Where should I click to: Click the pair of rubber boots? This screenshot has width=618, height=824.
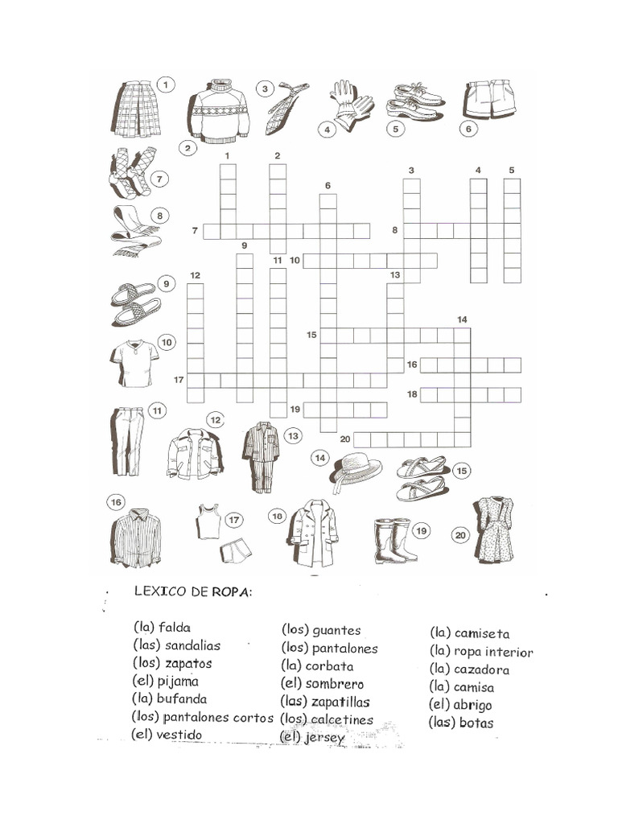(395, 540)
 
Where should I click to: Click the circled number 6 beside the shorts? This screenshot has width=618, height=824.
(468, 128)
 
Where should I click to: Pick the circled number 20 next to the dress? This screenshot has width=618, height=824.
(461, 534)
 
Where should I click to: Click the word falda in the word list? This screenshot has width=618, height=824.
(175, 627)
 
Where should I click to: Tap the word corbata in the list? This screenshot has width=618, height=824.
(330, 666)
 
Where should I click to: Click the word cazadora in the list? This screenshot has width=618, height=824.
(481, 669)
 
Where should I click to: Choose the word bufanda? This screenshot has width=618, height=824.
(183, 698)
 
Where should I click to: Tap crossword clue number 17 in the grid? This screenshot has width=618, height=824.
(179, 379)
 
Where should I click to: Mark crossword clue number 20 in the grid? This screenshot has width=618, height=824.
(344, 439)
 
